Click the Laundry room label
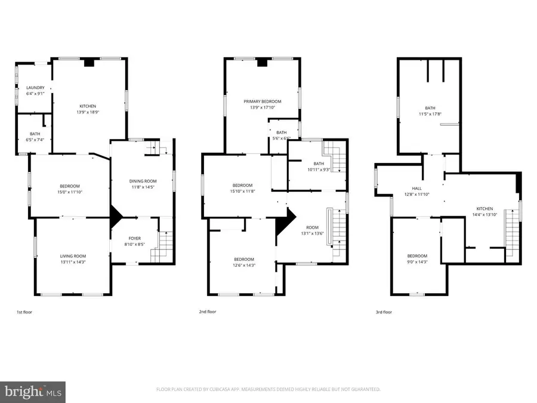click(x=35, y=88)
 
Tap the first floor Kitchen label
click(x=88, y=106)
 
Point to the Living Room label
click(x=72, y=256)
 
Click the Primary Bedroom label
click(x=262, y=101)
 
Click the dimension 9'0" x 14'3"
click(x=417, y=262)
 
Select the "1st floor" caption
click(x=24, y=312)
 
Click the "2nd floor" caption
click(x=208, y=312)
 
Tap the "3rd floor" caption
click(x=384, y=312)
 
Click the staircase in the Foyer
click(x=163, y=246)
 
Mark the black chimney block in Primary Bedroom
click(x=262, y=62)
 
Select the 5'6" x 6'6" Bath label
click(x=281, y=135)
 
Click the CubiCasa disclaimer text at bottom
click(x=268, y=389)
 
